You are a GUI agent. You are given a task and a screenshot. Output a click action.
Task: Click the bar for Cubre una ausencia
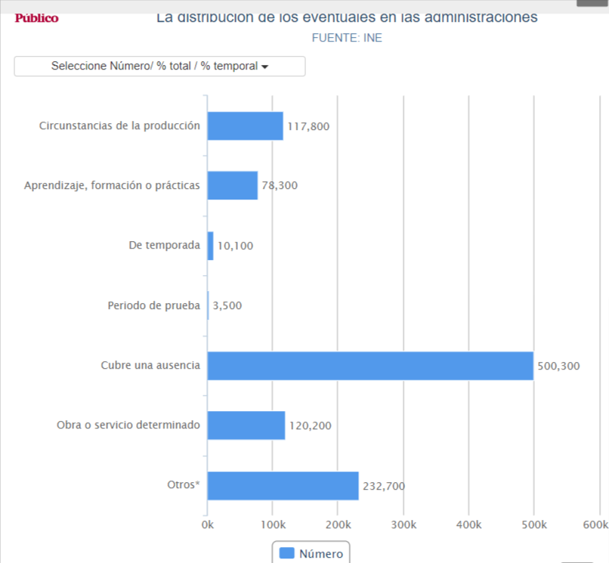(x=370, y=366)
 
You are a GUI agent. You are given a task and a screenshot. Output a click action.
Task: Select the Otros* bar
(x=283, y=486)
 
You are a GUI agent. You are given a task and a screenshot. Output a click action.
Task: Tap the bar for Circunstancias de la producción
(x=245, y=126)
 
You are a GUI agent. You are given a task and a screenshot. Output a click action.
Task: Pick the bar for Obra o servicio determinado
(x=246, y=425)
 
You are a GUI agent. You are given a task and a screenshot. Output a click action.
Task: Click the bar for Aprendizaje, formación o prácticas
(x=233, y=186)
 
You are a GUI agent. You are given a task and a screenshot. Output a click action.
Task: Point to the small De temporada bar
(x=211, y=246)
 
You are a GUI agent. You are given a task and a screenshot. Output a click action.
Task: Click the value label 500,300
(x=558, y=367)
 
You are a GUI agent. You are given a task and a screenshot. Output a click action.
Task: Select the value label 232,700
(x=384, y=487)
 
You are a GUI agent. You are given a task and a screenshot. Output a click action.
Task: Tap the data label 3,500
(x=227, y=306)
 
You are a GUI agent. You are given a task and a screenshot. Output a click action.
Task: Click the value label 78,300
(x=280, y=186)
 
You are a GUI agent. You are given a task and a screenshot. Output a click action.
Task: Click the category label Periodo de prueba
(x=154, y=305)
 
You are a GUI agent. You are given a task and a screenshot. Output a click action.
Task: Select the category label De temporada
(x=165, y=246)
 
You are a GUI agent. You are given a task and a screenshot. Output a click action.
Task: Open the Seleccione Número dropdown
(x=159, y=67)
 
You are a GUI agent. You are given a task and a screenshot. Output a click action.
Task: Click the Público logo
(x=36, y=18)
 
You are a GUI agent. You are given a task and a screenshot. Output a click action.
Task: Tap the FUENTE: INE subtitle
(x=347, y=38)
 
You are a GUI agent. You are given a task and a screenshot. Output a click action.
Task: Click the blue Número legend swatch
(x=286, y=553)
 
